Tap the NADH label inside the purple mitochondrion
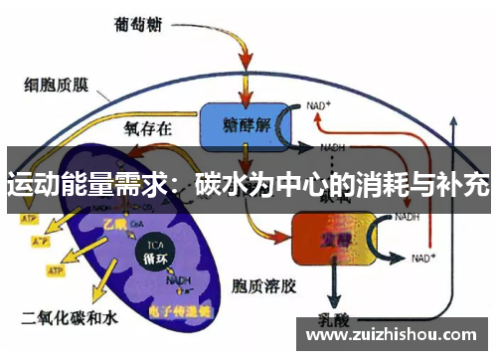pos(179,280)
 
